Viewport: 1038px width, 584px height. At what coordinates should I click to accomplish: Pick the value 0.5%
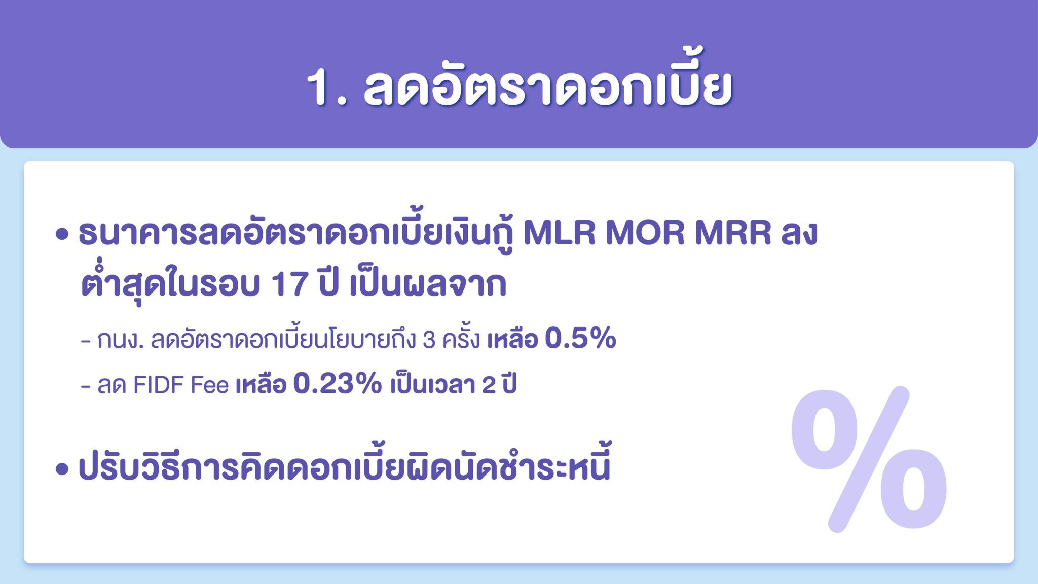tap(580, 339)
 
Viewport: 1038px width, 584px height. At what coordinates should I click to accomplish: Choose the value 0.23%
tap(337, 385)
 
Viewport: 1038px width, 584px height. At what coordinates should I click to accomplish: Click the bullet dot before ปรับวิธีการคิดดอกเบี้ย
tap(62, 469)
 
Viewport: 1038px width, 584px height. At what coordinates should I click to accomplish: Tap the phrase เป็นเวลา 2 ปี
tap(453, 386)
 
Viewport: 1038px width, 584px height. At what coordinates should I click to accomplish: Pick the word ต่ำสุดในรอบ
tap(170, 285)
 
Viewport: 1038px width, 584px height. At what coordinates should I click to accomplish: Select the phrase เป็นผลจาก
tap(428, 285)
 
